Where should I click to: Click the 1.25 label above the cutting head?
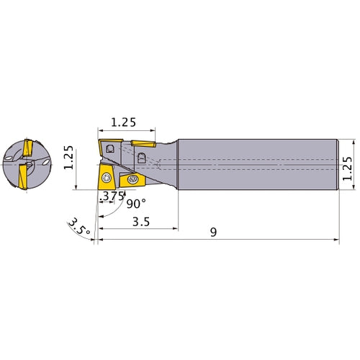click(123, 122)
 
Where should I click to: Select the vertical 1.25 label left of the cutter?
click(68, 158)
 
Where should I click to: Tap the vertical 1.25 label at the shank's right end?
click(348, 168)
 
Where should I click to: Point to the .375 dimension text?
click(112, 197)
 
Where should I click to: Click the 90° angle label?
click(136, 204)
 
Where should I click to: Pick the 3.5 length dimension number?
click(141, 222)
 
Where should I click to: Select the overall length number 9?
click(213, 232)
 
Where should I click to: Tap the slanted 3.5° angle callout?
click(79, 227)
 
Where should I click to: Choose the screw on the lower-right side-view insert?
click(132, 179)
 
